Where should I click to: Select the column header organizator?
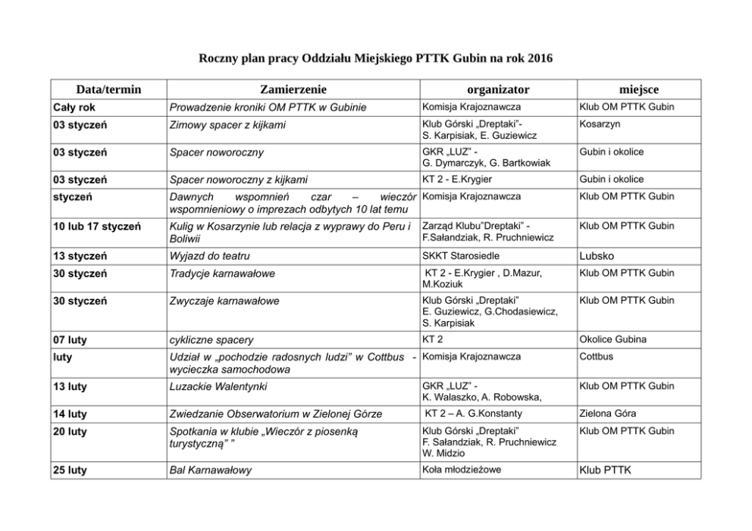click(498, 89)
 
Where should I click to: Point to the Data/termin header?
click(108, 89)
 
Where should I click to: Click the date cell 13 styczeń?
click(80, 256)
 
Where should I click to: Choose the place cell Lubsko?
click(596, 256)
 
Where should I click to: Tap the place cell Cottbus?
click(597, 356)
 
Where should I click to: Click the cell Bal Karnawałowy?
click(210, 470)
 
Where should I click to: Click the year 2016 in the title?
click(538, 58)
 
